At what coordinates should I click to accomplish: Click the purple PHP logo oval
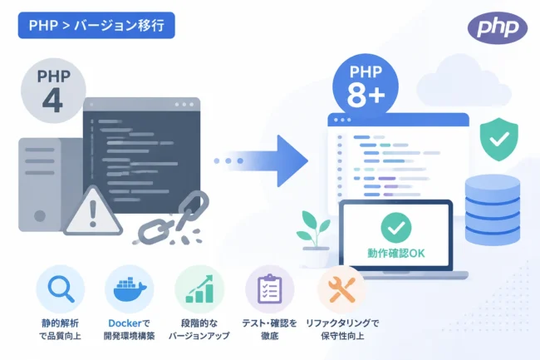click(x=498, y=27)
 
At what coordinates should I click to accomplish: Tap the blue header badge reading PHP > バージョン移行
click(x=96, y=25)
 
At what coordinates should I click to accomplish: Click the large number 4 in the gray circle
click(x=52, y=101)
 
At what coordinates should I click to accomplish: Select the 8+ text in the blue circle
click(x=366, y=94)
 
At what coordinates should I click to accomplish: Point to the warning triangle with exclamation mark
click(x=93, y=211)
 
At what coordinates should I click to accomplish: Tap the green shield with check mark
click(x=499, y=139)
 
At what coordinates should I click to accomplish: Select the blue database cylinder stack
click(x=493, y=210)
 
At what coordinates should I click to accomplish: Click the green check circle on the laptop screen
click(x=396, y=227)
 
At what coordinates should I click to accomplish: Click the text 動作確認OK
click(x=396, y=254)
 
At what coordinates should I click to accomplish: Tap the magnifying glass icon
click(x=61, y=289)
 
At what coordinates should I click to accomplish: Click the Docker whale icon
click(x=130, y=288)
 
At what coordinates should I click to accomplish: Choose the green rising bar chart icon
click(x=199, y=288)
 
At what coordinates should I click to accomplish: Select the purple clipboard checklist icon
click(x=270, y=288)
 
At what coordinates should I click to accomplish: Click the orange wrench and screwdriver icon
click(x=341, y=289)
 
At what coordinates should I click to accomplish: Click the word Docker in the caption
click(x=125, y=323)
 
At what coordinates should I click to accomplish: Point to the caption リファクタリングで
click(x=342, y=323)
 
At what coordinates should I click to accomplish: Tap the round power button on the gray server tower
click(x=40, y=216)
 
